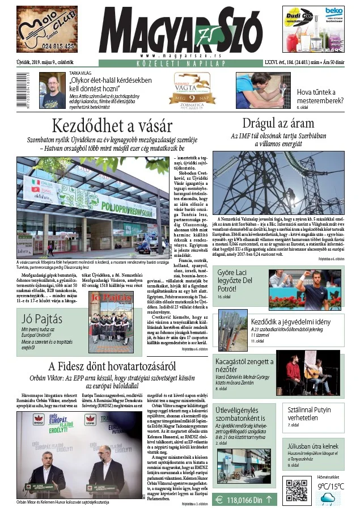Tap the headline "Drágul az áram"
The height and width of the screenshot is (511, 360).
[277, 123]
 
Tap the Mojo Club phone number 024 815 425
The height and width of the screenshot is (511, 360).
[48, 46]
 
